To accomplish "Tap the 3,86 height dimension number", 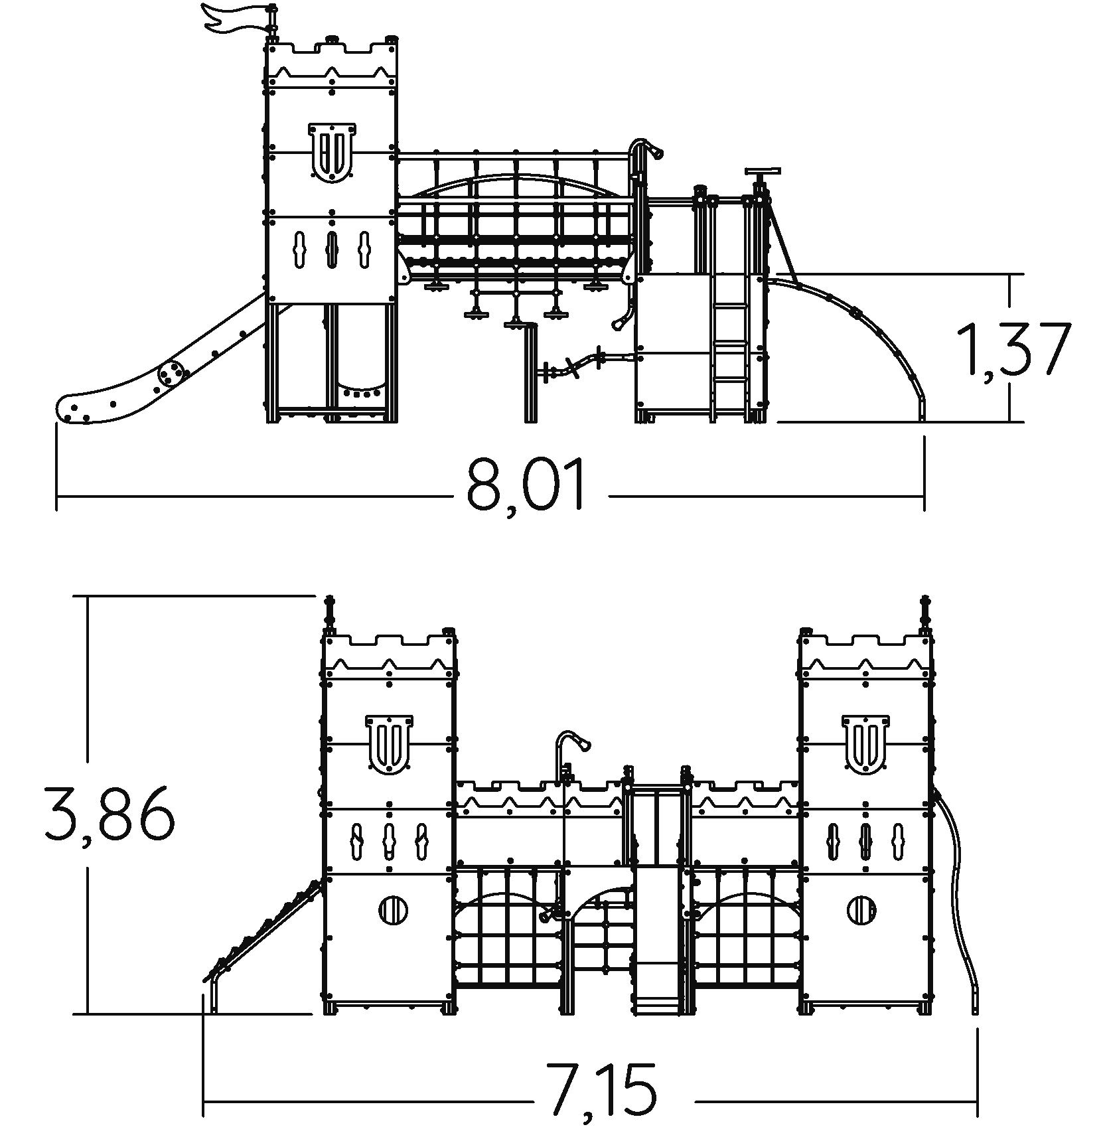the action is click(110, 813).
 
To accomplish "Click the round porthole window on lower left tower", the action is click(394, 909).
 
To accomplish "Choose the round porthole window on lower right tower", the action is click(862, 909).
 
